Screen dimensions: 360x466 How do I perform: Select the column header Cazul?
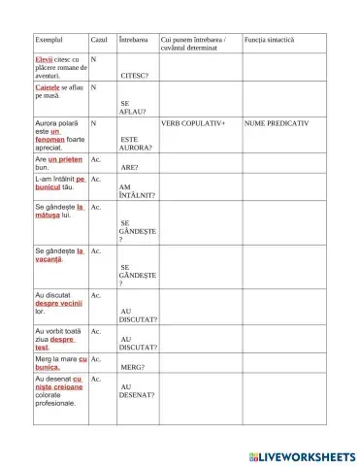98,40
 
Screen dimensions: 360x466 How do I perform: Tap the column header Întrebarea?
133,40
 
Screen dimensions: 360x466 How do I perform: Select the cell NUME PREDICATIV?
277,124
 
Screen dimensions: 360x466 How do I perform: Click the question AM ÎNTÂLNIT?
137,191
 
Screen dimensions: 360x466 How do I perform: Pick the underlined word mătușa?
49,216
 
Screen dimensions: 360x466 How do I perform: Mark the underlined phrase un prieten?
66,158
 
